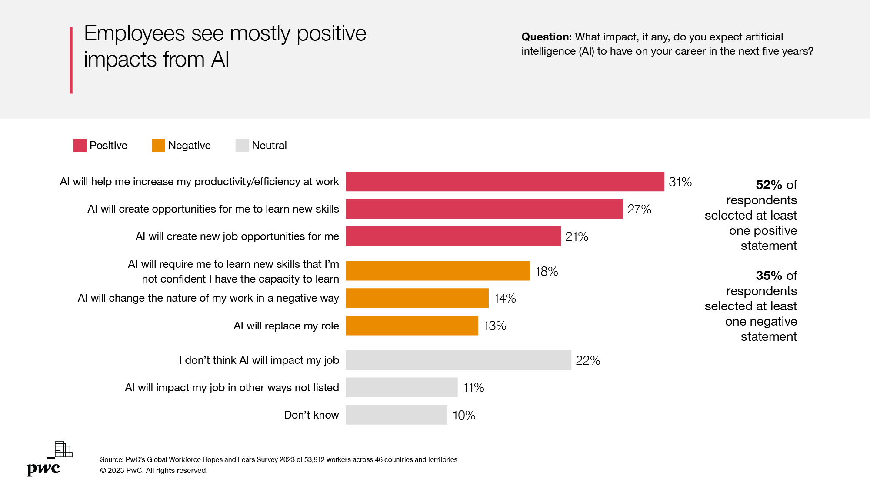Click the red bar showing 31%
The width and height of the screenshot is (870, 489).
pyautogui.click(x=505, y=181)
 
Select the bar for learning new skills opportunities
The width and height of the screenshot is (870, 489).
pyautogui.click(x=484, y=209)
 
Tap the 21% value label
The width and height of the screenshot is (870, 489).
pyautogui.click(x=577, y=236)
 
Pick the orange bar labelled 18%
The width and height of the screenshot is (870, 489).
pyautogui.click(x=437, y=271)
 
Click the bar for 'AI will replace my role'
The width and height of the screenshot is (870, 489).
pyautogui.click(x=412, y=326)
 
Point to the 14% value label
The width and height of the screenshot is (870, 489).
pyautogui.click(x=505, y=299)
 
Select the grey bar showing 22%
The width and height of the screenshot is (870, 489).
pyautogui.click(x=458, y=360)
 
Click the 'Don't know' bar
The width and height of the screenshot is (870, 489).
pyautogui.click(x=396, y=415)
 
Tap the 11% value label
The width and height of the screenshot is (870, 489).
pyautogui.click(x=473, y=387)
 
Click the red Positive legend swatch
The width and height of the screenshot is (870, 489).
pyautogui.click(x=80, y=146)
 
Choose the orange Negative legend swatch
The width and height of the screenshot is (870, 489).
pyautogui.click(x=159, y=146)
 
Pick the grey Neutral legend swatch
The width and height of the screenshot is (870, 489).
pyautogui.click(x=242, y=146)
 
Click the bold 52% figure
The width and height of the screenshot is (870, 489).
pyautogui.click(x=769, y=185)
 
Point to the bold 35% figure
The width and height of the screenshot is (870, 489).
pyautogui.click(x=769, y=276)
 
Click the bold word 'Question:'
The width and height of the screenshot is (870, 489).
pyautogui.click(x=547, y=37)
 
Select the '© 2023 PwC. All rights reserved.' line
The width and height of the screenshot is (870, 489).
pyautogui.click(x=154, y=470)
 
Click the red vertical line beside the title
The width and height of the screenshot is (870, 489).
pyautogui.click(x=71, y=60)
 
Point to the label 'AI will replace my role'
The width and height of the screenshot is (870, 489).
pyautogui.click(x=286, y=326)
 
